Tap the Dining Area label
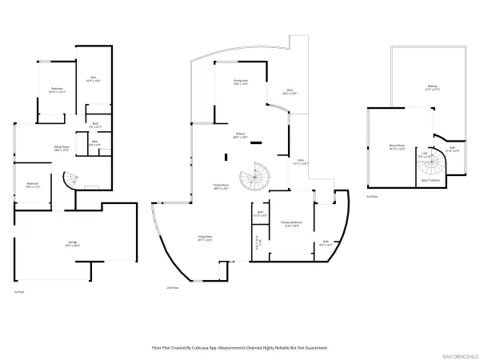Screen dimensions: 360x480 pos(240,82)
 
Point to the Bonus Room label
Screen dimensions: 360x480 pos(397,146)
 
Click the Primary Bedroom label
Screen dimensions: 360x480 pos(290,224)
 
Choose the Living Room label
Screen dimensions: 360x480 pos(206,238)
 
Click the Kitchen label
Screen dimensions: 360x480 pos(239,137)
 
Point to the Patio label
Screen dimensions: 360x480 pos(300,163)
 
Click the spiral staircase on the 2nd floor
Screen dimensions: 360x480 pos(258,177)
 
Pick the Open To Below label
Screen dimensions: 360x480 pos(430,180)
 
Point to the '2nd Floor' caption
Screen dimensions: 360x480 pos(171,287)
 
